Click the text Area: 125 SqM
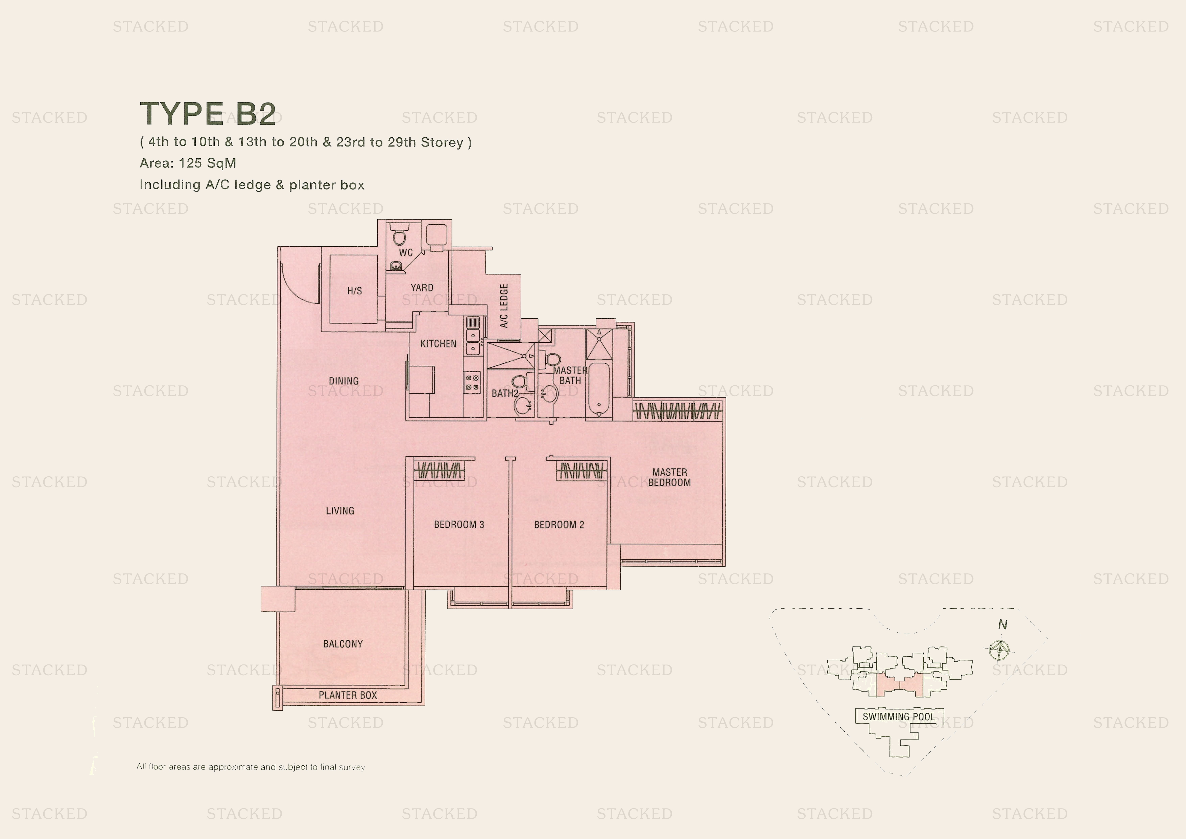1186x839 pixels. point(188,163)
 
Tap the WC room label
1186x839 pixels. point(405,253)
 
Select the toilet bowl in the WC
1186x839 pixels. point(399,237)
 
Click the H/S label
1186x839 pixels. point(354,291)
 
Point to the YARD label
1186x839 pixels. point(422,288)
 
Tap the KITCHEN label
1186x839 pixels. point(438,344)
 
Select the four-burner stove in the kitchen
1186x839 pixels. point(472,383)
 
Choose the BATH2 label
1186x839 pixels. point(505,393)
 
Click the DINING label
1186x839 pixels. point(343,381)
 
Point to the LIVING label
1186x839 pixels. point(340,511)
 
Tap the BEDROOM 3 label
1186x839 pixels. point(459,525)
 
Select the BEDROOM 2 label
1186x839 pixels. point(559,525)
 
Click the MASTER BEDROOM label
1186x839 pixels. point(669,477)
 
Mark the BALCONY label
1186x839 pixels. point(343,644)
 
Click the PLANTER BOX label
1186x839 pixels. point(348,695)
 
